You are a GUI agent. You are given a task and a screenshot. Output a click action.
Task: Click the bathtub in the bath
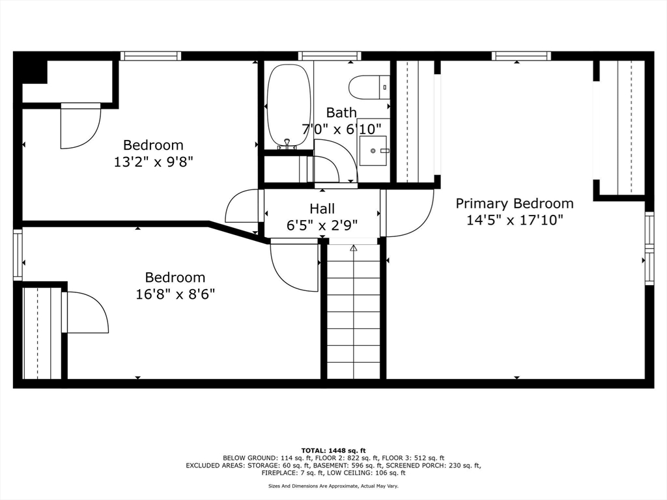tap(287, 105)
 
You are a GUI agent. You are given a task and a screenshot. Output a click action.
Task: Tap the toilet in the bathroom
tap(369, 87)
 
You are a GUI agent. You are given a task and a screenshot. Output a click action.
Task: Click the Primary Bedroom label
tap(514, 203)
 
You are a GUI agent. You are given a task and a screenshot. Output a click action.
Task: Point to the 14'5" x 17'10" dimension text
tap(514, 220)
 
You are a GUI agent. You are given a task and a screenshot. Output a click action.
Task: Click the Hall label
tap(322, 208)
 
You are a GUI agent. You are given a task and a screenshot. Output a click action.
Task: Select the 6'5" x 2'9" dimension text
tap(322, 225)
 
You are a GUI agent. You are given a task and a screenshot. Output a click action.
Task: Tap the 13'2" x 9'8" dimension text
tap(153, 161)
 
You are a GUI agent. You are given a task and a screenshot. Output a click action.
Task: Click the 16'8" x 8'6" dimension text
tap(175, 294)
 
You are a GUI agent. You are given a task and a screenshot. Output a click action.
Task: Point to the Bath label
tap(341, 113)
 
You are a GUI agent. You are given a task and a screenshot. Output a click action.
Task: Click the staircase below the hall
tap(353, 312)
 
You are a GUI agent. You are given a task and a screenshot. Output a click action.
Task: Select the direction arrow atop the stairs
tap(354, 248)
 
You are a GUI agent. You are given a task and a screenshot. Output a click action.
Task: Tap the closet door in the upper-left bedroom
tap(79, 127)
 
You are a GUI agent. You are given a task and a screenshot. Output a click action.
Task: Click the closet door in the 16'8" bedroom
tap(86, 312)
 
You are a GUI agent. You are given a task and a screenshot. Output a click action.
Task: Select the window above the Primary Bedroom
tap(521, 56)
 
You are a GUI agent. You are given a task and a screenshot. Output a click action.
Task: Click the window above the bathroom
tap(330, 56)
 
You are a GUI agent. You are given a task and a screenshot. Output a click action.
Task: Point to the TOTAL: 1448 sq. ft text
tap(333, 451)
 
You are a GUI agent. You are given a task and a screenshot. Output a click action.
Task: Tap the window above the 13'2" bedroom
tap(151, 56)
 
